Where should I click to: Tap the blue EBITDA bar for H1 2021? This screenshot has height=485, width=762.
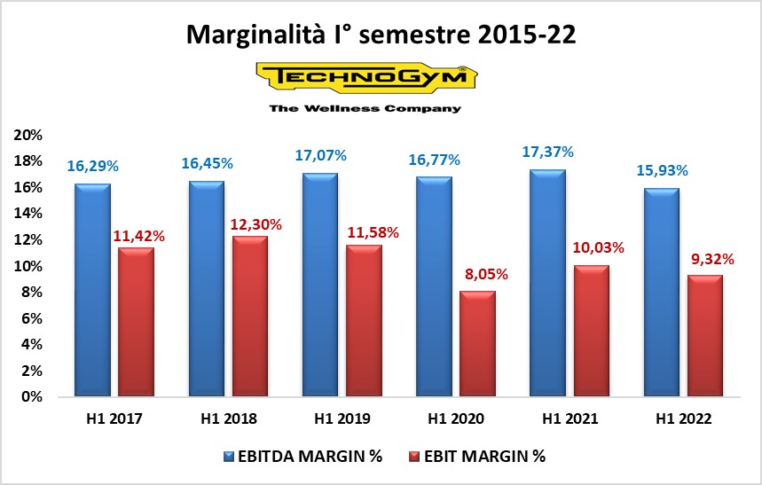pyautogui.click(x=546, y=283)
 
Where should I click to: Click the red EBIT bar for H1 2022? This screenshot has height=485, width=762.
pyautogui.click(x=703, y=336)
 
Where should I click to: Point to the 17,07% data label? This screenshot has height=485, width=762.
pyautogui.click(x=320, y=155)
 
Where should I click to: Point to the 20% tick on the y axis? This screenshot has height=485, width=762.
pyautogui.click(x=27, y=135)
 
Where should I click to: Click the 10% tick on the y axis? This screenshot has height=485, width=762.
pyautogui.click(x=27, y=266)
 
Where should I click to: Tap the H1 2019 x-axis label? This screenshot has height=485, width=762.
pyautogui.click(x=341, y=419)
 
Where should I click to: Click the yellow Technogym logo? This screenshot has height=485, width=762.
pyautogui.click(x=365, y=77)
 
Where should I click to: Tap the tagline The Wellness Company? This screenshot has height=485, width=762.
pyautogui.click(x=365, y=108)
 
